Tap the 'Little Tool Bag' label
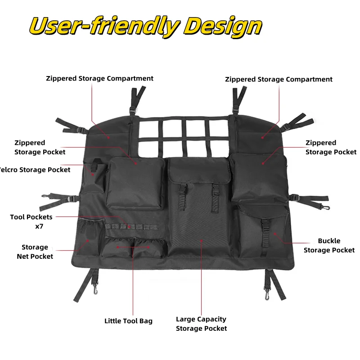click(x=128, y=321)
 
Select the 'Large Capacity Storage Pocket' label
click(x=201, y=324)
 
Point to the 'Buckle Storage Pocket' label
click(x=329, y=245)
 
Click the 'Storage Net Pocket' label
click(x=35, y=252)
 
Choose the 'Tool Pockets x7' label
click(x=31, y=221)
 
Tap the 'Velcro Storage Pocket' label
click(x=35, y=170)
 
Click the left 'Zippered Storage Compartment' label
click(x=99, y=78)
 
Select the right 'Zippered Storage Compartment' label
click(x=279, y=80)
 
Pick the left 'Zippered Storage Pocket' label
click(x=40, y=148)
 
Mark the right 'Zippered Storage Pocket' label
click(x=331, y=148)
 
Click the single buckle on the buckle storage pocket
click(x=265, y=227)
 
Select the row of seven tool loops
click(x=132, y=227)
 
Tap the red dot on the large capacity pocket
click(x=201, y=241)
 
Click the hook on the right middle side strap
click(x=326, y=207)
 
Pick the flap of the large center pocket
click(x=199, y=170)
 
